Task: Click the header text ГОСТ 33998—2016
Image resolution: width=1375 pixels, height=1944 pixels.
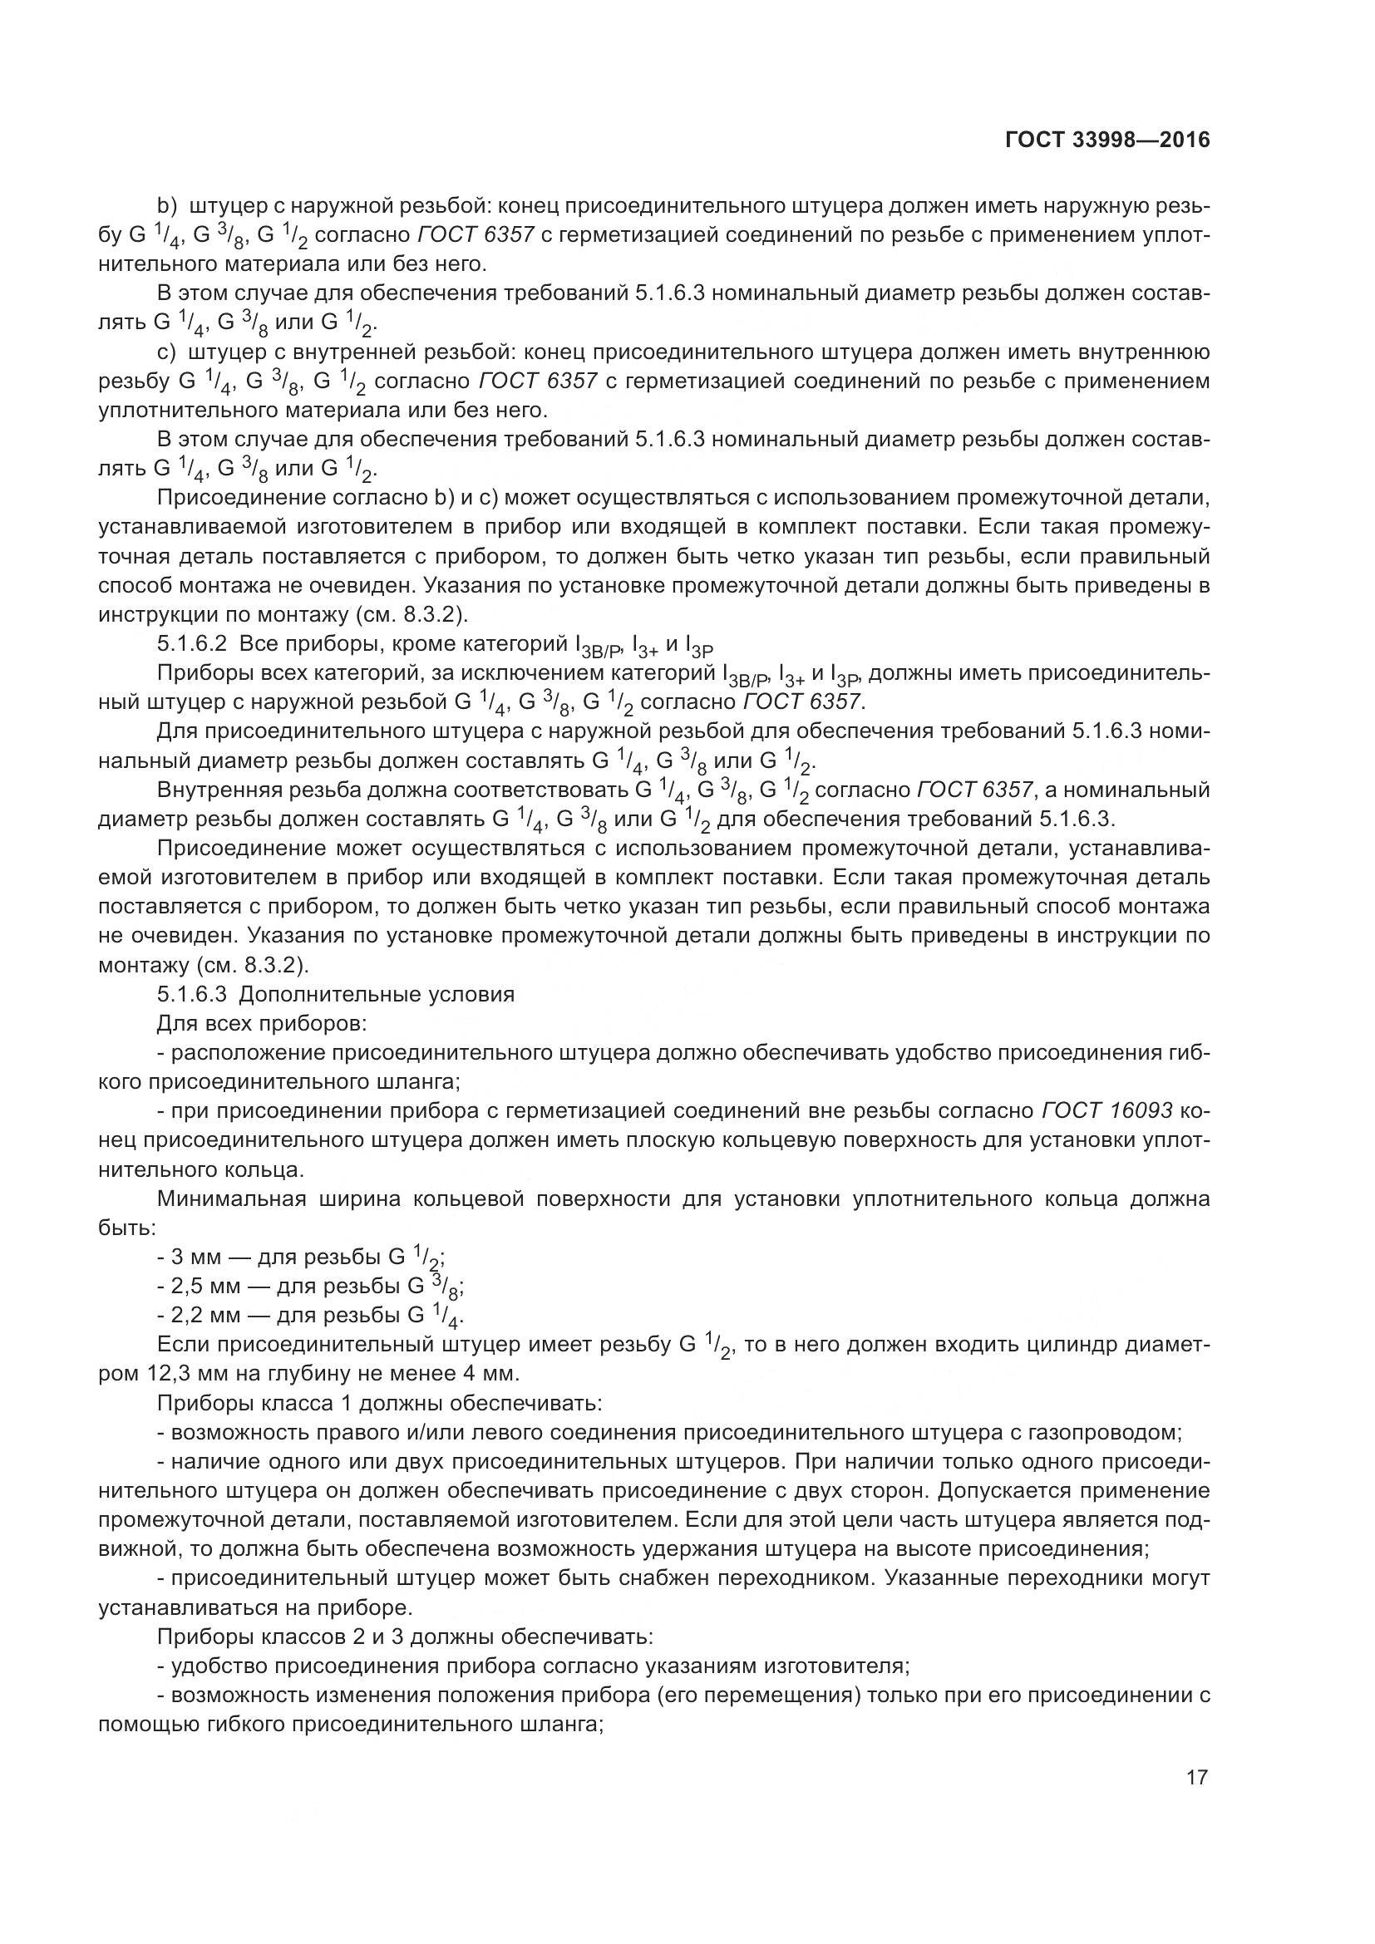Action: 1107,140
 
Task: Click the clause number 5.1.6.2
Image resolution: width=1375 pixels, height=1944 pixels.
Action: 191,644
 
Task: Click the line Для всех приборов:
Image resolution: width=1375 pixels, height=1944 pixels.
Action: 262,1023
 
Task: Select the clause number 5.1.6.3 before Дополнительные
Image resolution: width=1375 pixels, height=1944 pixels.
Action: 191,994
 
